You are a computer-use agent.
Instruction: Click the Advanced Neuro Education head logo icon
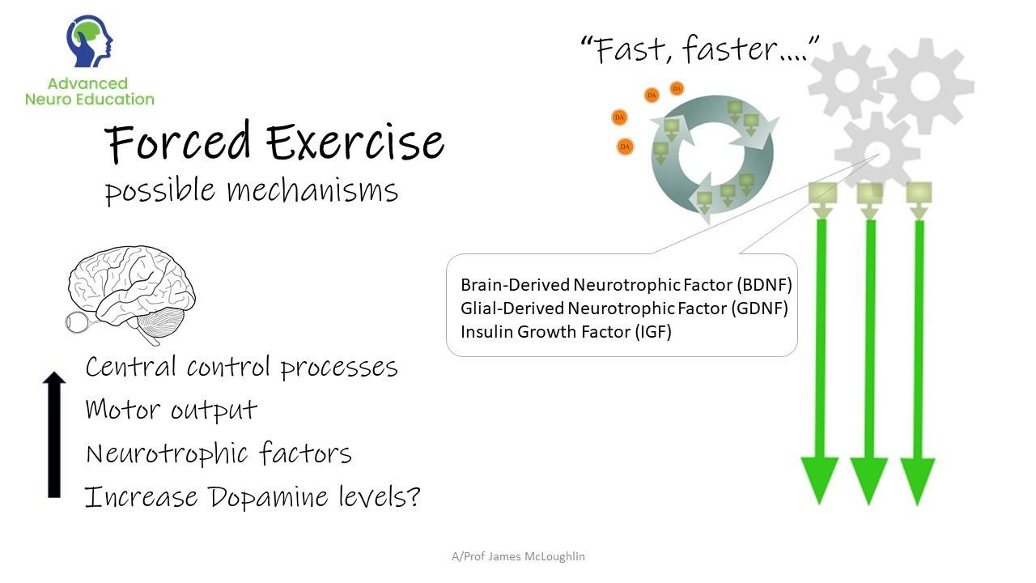89,40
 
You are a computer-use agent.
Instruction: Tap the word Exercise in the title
355,143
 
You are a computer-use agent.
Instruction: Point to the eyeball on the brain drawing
78,322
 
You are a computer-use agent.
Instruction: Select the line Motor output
171,410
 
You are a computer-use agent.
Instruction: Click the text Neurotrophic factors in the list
219,453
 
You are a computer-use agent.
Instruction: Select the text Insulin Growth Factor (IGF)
566,332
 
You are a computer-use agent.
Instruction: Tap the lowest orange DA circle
625,147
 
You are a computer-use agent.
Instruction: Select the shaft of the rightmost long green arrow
919,340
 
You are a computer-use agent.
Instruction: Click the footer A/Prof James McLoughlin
518,556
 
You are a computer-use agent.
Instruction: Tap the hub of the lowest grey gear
877,153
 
